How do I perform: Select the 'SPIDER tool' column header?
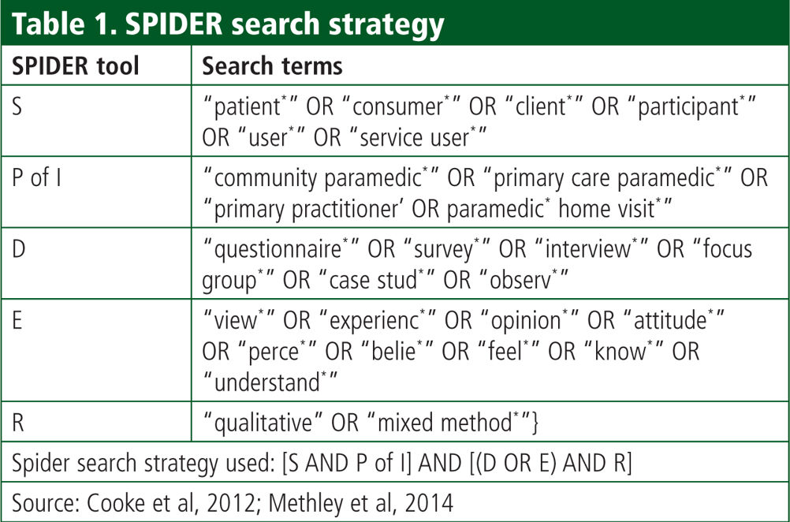click(76, 66)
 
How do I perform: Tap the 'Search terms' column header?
click(273, 66)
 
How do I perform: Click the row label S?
click(17, 106)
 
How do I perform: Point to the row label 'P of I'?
click(36, 177)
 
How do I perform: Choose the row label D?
click(18, 249)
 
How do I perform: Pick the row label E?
click(17, 320)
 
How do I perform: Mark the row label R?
click(17, 423)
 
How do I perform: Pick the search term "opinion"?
click(527, 321)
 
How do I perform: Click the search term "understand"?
click(267, 382)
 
